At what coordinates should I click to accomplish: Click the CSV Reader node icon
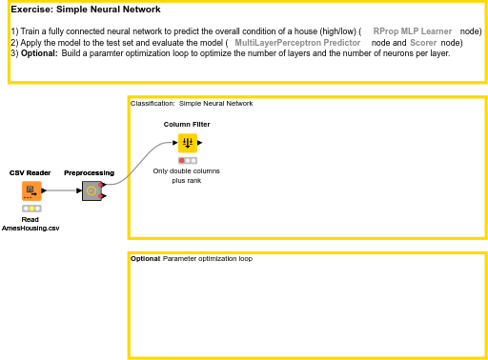[31, 190]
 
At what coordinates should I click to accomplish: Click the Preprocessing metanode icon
[91, 190]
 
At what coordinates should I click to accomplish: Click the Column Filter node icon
[188, 143]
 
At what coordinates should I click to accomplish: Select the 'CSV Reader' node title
[30, 172]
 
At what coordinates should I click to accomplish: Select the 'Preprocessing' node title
[89, 172]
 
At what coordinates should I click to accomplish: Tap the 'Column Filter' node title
[187, 124]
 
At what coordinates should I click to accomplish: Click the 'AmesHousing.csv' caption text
[30, 228]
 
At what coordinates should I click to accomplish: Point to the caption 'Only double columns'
[187, 170]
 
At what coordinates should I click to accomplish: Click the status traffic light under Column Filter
[188, 160]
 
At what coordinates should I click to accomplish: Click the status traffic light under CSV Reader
[31, 208]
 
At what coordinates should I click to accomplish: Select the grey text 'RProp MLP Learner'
[413, 31]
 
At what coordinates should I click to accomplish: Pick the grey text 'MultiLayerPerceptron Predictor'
[297, 43]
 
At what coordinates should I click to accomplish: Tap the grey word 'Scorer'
[423, 43]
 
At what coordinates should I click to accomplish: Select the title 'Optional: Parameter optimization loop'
[192, 258]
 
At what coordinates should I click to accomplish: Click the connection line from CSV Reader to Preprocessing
[62, 190]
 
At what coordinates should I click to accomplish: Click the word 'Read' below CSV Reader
[30, 219]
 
